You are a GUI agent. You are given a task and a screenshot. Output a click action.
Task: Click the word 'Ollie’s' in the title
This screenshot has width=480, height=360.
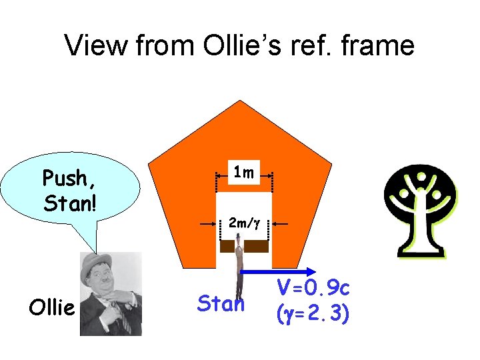[227, 45]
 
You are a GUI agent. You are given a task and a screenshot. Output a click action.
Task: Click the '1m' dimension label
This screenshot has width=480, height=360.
[243, 173]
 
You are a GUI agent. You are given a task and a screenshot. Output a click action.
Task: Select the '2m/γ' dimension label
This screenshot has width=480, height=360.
[243, 223]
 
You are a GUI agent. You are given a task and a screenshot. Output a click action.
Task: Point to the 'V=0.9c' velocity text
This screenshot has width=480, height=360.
[313, 288]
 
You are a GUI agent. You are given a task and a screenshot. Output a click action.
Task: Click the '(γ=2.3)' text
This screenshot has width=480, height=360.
[313, 312]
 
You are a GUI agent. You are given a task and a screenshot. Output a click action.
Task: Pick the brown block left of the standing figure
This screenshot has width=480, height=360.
[227, 246]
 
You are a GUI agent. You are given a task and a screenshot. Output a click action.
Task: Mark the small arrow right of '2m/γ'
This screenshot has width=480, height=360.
[280, 225]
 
